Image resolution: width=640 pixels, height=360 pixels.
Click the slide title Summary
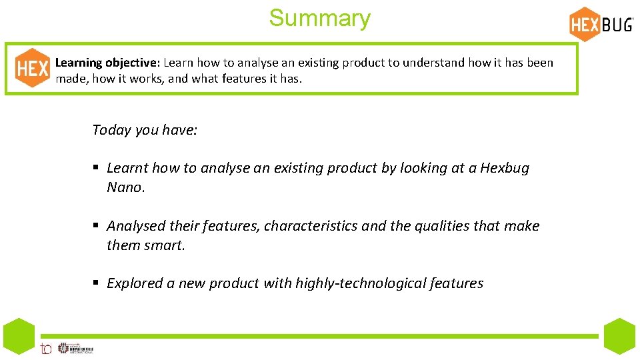(319, 18)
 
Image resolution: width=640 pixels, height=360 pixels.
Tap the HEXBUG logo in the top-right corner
(601, 24)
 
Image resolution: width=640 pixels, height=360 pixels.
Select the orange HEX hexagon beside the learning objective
(32, 68)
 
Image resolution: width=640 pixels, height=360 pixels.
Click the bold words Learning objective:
(107, 63)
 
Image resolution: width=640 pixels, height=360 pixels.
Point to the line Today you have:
(145, 130)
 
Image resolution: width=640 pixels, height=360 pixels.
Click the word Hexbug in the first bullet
(505, 168)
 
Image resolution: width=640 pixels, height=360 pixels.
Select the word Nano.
(125, 187)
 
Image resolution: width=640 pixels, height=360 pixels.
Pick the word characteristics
(311, 226)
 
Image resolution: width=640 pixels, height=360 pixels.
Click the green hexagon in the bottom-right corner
(620, 336)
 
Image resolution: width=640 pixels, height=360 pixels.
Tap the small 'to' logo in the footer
(46, 348)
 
